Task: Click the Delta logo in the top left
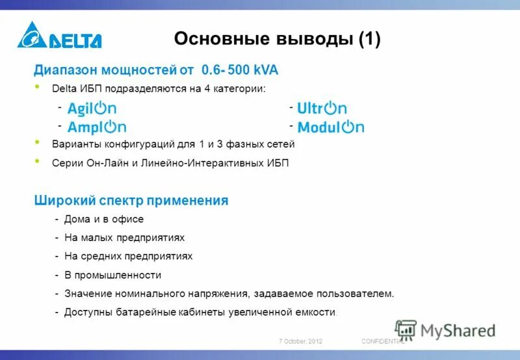click(x=59, y=36)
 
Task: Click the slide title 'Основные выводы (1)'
click(x=277, y=40)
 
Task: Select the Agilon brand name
click(x=92, y=109)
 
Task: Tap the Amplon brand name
click(x=97, y=127)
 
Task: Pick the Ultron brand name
click(x=321, y=109)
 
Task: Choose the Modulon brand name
click(x=330, y=127)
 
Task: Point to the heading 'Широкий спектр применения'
click(x=131, y=201)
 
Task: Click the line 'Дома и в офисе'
click(x=104, y=220)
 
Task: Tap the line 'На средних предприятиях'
click(x=128, y=256)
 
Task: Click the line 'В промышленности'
click(x=112, y=275)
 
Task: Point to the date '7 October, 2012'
click(x=300, y=341)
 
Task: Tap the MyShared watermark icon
click(x=406, y=330)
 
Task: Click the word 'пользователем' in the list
click(x=359, y=294)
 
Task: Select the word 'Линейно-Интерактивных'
click(x=214, y=163)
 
